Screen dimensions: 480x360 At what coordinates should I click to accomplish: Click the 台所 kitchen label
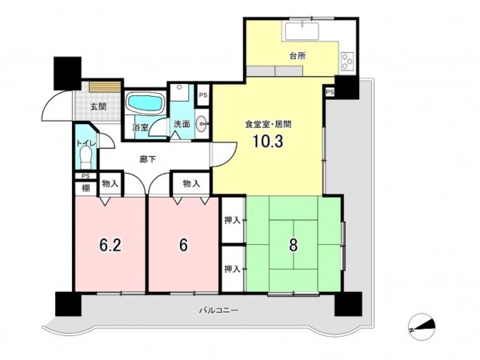coord(298,56)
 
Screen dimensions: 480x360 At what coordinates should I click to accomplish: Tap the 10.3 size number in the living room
coord(268,142)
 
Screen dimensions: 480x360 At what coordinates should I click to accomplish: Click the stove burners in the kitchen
coord(347,62)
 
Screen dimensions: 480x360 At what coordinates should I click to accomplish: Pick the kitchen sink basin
coord(302,31)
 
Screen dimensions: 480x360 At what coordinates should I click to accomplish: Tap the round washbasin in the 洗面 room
coord(201,124)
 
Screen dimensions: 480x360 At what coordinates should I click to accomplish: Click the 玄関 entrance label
coord(98,107)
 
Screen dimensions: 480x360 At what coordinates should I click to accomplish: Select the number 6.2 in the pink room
coord(110,245)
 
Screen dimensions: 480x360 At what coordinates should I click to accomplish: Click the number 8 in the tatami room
coord(294,245)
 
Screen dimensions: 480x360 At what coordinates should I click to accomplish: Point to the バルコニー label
coord(219,310)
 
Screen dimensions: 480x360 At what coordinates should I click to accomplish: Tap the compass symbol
coord(422,326)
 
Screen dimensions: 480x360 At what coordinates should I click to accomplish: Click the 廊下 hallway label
coord(148,159)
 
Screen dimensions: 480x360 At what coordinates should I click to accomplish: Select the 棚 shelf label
coord(86,188)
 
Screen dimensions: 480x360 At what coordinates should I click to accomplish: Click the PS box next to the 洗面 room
coord(203,95)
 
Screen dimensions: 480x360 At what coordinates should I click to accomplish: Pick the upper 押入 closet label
coord(232,220)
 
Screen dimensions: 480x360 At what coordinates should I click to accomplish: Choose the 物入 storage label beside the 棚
coord(110,184)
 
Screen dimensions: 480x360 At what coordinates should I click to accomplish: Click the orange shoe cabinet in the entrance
coord(105,86)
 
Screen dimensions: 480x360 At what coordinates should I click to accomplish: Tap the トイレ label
coord(86,143)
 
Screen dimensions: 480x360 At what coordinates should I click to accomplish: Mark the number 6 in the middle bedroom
coord(183,245)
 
